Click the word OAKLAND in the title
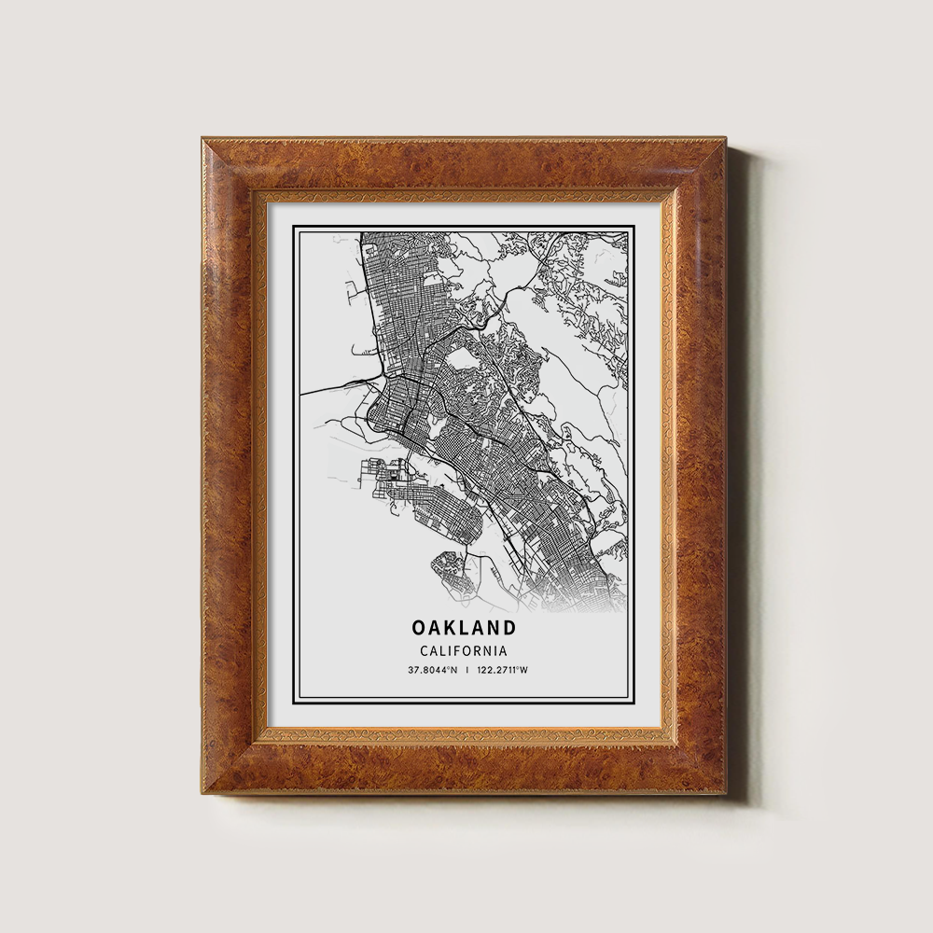tap(463, 627)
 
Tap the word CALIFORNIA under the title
tap(464, 651)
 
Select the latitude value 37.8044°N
tap(432, 670)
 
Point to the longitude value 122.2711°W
tap(502, 670)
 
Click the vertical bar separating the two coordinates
tap(467, 670)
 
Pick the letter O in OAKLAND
tap(419, 627)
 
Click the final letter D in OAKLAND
tap(508, 627)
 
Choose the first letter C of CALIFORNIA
tap(425, 651)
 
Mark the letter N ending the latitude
tap(454, 670)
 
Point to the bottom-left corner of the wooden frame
tap(203, 792)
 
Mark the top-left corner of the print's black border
tap(293, 226)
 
